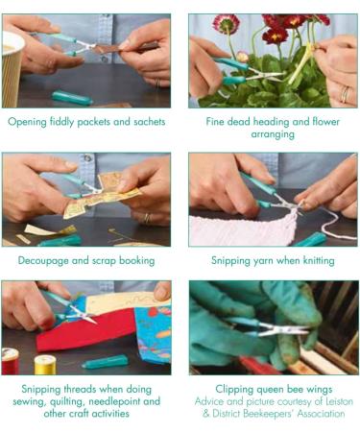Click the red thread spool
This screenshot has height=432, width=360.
pos(10,361)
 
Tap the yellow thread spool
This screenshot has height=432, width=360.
pos(45,364)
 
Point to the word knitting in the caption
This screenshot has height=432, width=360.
pos(319,261)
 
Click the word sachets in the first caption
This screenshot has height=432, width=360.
pos(150,122)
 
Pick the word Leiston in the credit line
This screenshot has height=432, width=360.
pos(339,401)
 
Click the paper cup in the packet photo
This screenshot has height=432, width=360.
pos(12,69)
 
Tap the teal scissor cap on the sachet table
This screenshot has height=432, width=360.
pos(72,98)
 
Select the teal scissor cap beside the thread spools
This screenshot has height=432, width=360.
pos(105,362)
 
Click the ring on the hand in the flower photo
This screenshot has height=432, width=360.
pos(345,95)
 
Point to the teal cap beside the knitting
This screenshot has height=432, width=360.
pos(310,240)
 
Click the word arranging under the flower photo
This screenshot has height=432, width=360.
pos(273,134)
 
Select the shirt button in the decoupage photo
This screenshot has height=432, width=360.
pos(87,157)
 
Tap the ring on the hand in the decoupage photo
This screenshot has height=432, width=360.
pos(147,219)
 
